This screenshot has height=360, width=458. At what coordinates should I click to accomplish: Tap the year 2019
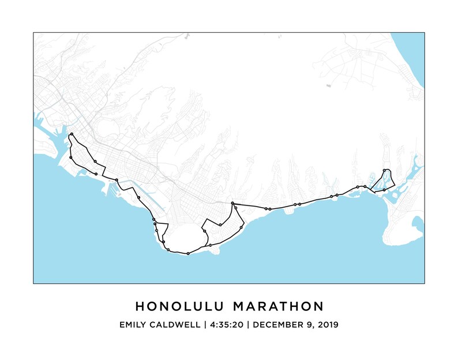pyautogui.click(x=327, y=324)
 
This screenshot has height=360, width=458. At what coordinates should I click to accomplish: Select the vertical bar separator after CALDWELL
pyautogui.click(x=204, y=324)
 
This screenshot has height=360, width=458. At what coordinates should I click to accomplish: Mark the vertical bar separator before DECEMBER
pyautogui.click(x=248, y=324)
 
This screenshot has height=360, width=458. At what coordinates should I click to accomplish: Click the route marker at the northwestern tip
pyautogui.click(x=71, y=135)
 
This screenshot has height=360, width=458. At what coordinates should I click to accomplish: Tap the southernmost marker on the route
pyautogui.click(x=188, y=253)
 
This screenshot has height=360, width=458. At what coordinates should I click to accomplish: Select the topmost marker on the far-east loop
pyautogui.click(x=385, y=170)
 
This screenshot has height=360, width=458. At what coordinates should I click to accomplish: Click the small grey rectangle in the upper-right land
pyautogui.click(x=328, y=86)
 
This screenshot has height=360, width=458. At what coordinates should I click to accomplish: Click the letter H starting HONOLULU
pyautogui.click(x=139, y=305)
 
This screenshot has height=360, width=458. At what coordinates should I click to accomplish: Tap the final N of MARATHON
pyautogui.click(x=319, y=305)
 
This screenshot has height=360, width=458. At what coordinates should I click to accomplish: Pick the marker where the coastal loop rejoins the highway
pyautogui.click(x=232, y=203)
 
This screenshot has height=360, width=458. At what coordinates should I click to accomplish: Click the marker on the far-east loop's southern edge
pyautogui.click(x=384, y=190)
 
